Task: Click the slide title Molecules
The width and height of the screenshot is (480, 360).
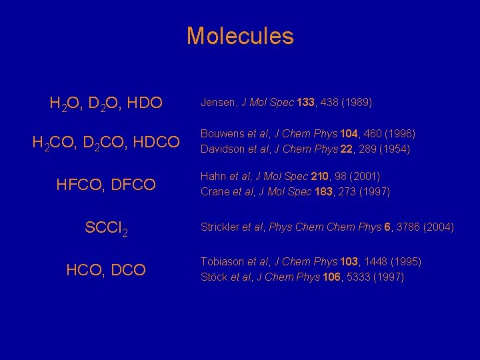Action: [x=240, y=35]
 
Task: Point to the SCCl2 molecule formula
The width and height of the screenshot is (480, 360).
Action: [x=106, y=228]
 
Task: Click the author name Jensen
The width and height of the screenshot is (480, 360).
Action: [x=219, y=103]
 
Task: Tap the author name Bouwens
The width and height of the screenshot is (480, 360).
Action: [x=223, y=134]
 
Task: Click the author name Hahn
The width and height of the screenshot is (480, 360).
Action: [x=213, y=177]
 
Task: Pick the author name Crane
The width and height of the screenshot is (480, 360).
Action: [x=215, y=192]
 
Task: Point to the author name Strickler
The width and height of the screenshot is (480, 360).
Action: [x=221, y=227]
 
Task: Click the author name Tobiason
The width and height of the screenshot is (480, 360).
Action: [x=223, y=262]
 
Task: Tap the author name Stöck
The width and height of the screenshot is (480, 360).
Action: [x=214, y=277]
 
